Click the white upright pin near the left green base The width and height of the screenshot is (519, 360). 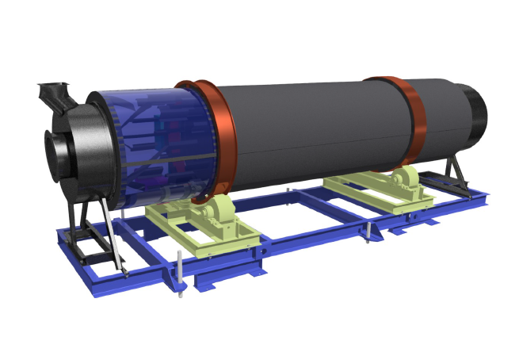point(180,274)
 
